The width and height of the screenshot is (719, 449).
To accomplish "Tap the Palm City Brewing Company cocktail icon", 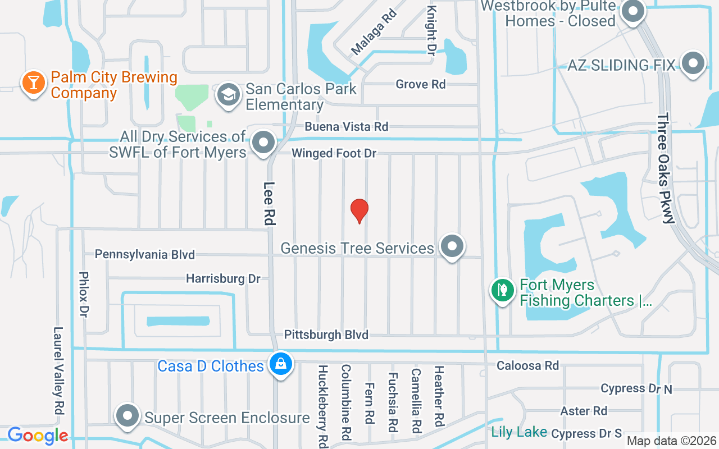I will coord(34,83).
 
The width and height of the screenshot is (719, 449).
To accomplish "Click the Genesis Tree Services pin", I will coord(451,246).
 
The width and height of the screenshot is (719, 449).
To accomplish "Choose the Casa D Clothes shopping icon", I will coord(281,364).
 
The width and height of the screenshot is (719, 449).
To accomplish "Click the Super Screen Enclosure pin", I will coord(128,416).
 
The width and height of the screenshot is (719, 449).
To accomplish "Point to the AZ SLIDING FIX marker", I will coord(693,63).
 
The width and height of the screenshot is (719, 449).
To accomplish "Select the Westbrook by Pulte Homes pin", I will coord(634,11).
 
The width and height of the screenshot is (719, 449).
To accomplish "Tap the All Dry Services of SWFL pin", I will coord(263,143).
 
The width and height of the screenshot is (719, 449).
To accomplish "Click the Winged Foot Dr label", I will coord(334,153).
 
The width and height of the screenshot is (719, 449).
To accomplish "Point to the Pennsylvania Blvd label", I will coord(144,254).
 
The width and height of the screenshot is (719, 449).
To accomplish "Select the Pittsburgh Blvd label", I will coord(326,335).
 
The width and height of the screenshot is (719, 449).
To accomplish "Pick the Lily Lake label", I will coord(518,432).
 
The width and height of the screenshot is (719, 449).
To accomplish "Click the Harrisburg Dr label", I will coord(223,278).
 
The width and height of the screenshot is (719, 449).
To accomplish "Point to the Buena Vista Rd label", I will coord(347,127).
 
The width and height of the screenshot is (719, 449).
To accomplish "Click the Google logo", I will coord(38,436).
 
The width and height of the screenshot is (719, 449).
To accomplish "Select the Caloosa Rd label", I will coord(527,365).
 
